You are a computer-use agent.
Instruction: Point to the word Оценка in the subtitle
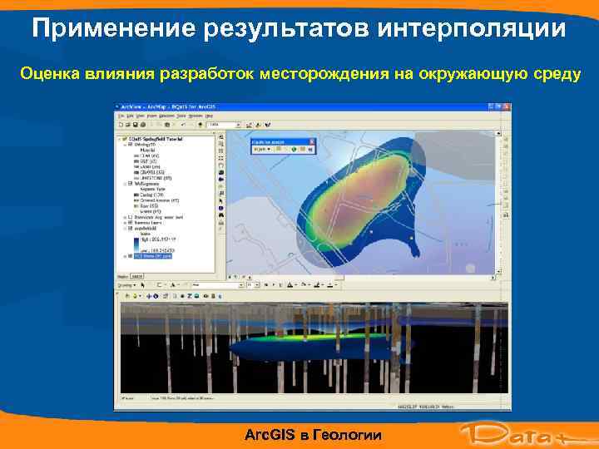[x=49, y=75]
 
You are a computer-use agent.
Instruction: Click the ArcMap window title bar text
[x=166, y=107]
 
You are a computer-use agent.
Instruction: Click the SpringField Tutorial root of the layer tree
[x=158, y=138]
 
